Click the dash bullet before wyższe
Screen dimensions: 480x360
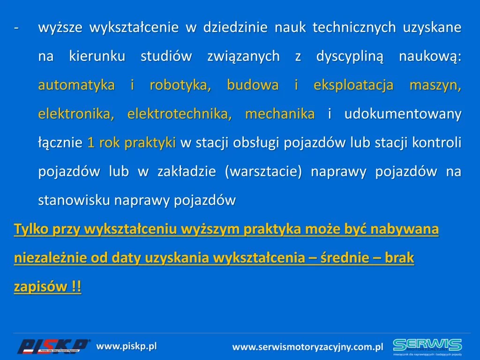(x=16, y=28)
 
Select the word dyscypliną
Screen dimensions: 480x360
(x=350, y=57)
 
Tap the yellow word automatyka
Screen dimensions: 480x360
(x=76, y=85)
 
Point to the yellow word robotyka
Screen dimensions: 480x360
(x=180, y=85)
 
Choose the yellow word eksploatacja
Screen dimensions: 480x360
(x=353, y=85)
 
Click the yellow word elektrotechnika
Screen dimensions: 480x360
(x=180, y=114)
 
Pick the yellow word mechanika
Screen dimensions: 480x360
(x=280, y=114)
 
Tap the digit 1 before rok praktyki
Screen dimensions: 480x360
(x=91, y=142)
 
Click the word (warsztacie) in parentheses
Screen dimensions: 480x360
(x=263, y=172)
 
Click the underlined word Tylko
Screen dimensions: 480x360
(x=31, y=229)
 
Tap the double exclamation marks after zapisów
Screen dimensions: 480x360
(x=76, y=287)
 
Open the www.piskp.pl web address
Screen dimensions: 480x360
(x=127, y=346)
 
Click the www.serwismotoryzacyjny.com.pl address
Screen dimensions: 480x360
(x=307, y=347)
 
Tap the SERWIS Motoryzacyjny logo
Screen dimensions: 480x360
(x=427, y=347)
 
